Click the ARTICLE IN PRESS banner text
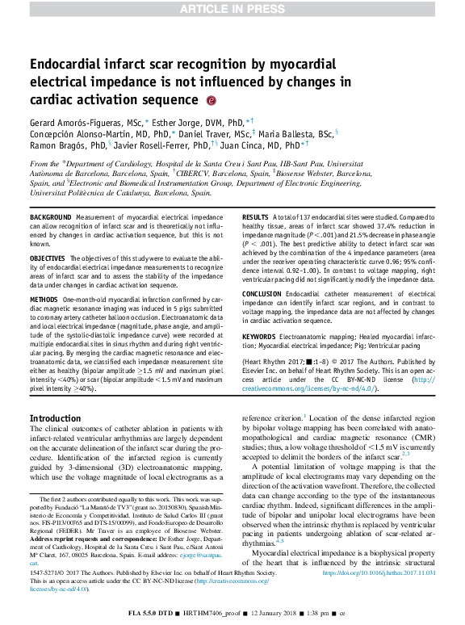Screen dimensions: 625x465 (232, 9)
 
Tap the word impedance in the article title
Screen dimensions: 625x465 (182, 82)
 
